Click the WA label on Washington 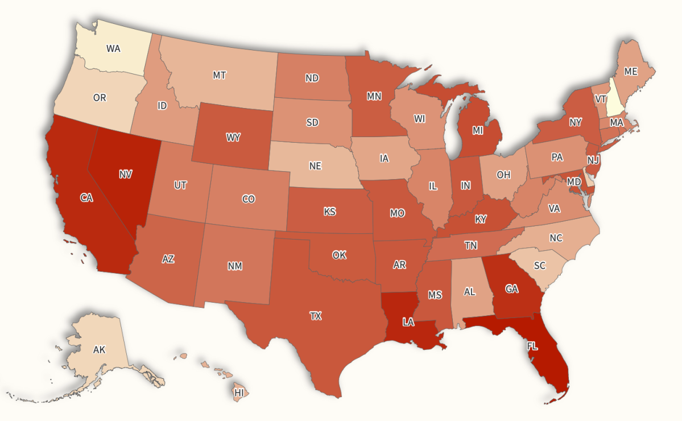[113, 48]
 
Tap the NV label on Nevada [126, 175]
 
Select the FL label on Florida [532, 346]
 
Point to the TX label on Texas [315, 316]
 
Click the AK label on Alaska [99, 349]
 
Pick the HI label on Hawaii [239, 393]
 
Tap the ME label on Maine [630, 72]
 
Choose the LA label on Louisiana [408, 322]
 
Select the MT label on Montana [220, 75]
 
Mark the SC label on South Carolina [539, 266]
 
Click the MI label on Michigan [477, 130]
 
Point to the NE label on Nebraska [315, 166]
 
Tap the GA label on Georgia [511, 289]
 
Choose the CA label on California [86, 197]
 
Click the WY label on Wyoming [233, 137]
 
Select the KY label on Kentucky [481, 219]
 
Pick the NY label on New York [575, 122]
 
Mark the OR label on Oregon [100, 98]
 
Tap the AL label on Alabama [469, 291]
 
